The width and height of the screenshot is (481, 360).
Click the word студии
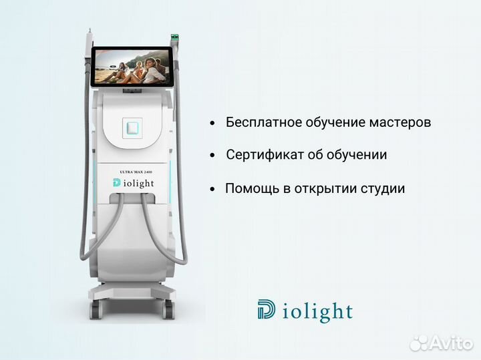(x=383, y=188)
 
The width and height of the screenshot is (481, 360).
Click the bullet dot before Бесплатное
(x=212, y=124)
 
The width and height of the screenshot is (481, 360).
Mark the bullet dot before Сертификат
(x=212, y=156)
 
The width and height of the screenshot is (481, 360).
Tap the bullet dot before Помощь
(x=212, y=189)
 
